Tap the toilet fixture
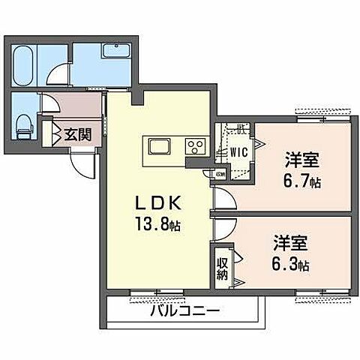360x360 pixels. (23, 124)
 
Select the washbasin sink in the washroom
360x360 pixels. (115, 51)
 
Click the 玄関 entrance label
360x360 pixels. (76, 135)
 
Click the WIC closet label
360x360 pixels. (238, 151)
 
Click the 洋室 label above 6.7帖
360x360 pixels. (301, 160)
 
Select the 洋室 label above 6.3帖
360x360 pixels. (289, 244)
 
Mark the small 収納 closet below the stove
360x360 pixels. (219, 174)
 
